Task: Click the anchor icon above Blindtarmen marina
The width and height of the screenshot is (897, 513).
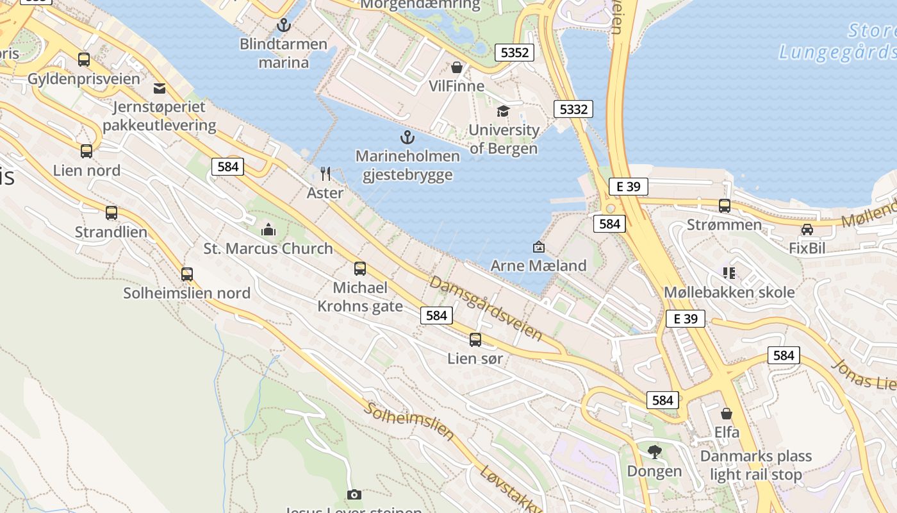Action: click(283, 26)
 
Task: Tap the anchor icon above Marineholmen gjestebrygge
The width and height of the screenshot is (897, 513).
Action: click(407, 137)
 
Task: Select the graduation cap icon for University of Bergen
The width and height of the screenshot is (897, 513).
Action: click(503, 112)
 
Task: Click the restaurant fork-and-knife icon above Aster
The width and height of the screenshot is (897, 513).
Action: click(325, 174)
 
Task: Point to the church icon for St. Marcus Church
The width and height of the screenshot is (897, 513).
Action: click(268, 230)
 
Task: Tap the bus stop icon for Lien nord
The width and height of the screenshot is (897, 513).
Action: click(86, 151)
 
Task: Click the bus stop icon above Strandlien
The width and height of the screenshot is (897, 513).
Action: click(111, 213)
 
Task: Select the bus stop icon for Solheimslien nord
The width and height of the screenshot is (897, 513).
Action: click(186, 274)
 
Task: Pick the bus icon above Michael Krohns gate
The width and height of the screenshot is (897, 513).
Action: click(360, 269)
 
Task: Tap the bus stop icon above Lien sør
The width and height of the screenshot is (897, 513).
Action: click(475, 340)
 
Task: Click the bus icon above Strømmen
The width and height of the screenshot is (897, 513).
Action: click(725, 206)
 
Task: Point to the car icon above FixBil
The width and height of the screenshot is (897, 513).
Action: click(807, 230)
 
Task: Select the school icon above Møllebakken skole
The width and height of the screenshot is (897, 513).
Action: click(729, 273)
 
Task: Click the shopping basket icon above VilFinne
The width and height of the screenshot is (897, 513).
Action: click(457, 67)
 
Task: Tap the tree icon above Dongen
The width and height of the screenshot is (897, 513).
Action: click(654, 452)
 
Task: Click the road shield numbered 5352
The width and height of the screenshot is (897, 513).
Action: click(514, 53)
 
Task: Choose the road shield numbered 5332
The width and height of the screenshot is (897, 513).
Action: click(573, 109)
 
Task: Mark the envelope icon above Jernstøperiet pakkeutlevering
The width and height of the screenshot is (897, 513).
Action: click(159, 88)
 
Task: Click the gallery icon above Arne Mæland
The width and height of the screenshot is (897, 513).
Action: click(538, 247)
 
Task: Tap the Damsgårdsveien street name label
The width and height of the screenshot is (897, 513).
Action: click(486, 308)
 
